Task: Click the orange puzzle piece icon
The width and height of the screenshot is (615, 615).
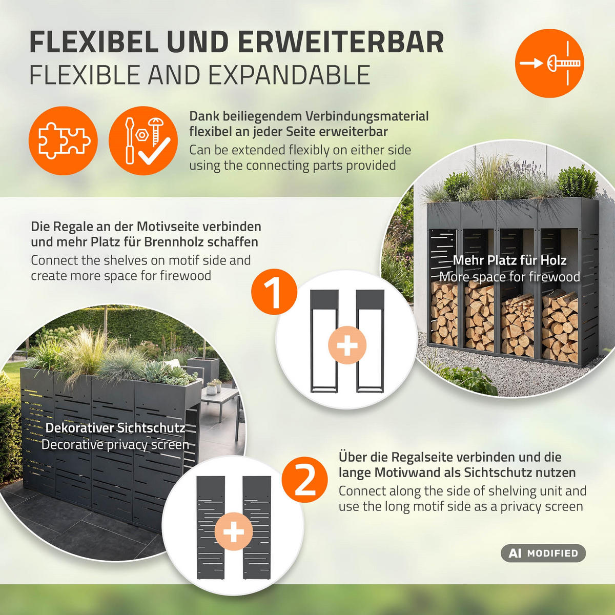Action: (x=63, y=141)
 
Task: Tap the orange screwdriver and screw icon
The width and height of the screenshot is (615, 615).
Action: (x=143, y=141)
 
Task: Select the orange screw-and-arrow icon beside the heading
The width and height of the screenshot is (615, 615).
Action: (x=549, y=63)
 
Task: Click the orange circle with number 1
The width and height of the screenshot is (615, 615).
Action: (x=274, y=293)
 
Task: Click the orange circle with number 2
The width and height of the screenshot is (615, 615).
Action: (x=304, y=480)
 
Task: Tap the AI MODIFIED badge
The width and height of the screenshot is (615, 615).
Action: (x=543, y=553)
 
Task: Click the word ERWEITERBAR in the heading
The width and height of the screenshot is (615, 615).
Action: (x=340, y=42)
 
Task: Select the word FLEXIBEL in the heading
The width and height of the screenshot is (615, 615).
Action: (x=94, y=42)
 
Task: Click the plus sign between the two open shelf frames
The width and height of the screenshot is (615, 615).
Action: (x=347, y=345)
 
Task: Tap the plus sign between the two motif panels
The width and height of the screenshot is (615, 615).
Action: (x=234, y=531)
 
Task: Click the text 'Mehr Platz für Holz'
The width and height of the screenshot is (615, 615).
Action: (x=509, y=260)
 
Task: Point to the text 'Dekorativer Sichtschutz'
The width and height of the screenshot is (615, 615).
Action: (x=115, y=428)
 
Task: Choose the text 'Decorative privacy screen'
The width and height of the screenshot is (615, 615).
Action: (x=115, y=444)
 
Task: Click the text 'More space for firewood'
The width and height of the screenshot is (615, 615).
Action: (x=509, y=277)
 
